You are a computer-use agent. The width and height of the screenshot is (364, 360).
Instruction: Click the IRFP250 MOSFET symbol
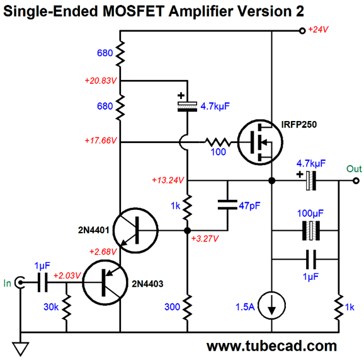[260, 142]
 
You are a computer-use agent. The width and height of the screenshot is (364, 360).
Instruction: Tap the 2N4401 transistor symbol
[135, 230]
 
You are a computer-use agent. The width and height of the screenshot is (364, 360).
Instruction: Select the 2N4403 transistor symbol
[105, 282]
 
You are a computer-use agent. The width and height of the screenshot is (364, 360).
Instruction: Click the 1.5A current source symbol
[272, 305]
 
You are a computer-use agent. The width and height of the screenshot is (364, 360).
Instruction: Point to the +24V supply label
[318, 30]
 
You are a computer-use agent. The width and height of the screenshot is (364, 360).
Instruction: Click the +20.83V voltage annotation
[101, 81]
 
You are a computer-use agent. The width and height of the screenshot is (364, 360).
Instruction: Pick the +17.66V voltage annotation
[101, 141]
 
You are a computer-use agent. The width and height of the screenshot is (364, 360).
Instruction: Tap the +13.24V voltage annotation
[168, 180]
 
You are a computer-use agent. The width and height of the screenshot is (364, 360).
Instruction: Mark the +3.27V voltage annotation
[205, 239]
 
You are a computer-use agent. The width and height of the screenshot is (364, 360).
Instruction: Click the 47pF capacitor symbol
[227, 205]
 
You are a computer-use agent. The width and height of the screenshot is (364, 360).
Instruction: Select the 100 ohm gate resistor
[218, 142]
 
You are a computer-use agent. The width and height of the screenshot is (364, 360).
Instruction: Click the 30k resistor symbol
[66, 307]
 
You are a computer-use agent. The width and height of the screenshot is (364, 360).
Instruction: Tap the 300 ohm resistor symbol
[187, 307]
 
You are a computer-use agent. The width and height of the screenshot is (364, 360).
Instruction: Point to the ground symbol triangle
[20, 349]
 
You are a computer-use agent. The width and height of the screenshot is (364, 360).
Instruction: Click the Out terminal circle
[356, 180]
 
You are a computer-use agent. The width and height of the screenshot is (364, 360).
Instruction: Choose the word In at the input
[7, 283]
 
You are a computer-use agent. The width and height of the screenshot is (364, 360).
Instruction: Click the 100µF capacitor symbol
[311, 231]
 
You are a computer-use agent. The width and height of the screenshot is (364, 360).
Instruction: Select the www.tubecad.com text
[271, 346]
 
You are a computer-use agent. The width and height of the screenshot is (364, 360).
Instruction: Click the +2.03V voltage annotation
[67, 276]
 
